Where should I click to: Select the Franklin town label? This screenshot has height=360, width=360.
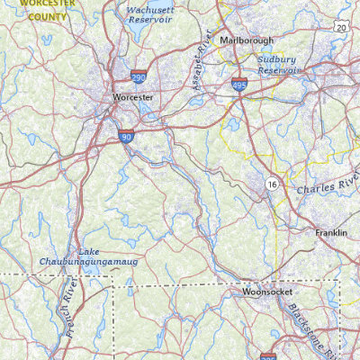pos(330,232)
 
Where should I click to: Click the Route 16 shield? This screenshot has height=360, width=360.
pos(271,184)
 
